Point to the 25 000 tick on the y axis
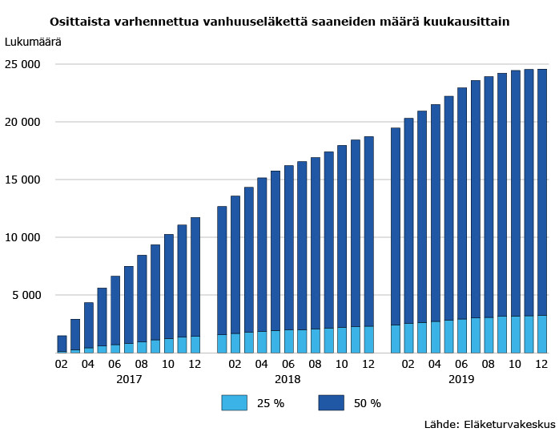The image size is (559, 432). pyautogui.click(x=26, y=64)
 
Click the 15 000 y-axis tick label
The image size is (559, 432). pyautogui.click(x=26, y=180)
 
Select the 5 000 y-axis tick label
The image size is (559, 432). pyautogui.click(x=30, y=295)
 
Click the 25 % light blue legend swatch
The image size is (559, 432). pyautogui.click(x=235, y=402)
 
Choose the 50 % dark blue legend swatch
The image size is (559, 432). pyautogui.click(x=332, y=402)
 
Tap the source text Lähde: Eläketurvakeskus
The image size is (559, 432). pyautogui.click(x=489, y=422)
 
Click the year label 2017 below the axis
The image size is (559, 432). pyautogui.click(x=129, y=378)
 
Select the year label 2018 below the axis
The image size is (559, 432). pyautogui.click(x=288, y=378)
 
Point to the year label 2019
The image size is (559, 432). pyautogui.click(x=461, y=378)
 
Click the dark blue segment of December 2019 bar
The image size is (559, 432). pyautogui.click(x=542, y=192)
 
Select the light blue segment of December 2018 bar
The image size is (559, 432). pyautogui.click(x=368, y=339)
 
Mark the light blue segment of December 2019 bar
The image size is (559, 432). pyautogui.click(x=542, y=333)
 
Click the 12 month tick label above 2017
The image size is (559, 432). pyautogui.click(x=195, y=363)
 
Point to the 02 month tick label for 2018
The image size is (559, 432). pyautogui.click(x=235, y=363)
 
